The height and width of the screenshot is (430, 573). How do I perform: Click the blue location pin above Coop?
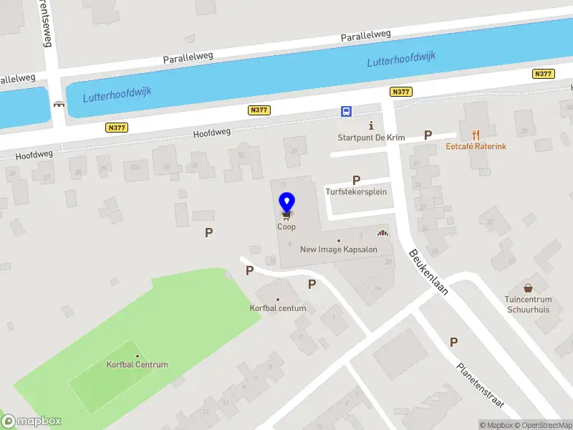pos(286,201)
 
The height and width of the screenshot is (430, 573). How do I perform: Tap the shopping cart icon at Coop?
pos(286,214)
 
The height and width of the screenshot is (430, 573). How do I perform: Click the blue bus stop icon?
pos(346,111)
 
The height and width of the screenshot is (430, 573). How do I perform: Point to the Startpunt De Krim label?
pos(362,137)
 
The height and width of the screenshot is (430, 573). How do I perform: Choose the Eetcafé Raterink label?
pos(476,146)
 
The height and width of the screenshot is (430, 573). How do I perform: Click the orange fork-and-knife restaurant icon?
pos(475,134)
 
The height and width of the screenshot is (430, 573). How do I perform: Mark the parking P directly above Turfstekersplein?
pos(356,180)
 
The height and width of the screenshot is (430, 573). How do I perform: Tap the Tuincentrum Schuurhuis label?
pos(529,304)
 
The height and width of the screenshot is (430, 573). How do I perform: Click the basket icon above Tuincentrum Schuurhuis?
pos(529,287)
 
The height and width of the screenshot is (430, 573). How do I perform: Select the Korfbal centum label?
pos(278,308)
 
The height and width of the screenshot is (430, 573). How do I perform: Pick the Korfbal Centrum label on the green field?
pos(137,365)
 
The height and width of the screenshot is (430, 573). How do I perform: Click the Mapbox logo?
pos(31,421)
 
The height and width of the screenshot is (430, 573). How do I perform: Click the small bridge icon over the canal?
pos(58,103)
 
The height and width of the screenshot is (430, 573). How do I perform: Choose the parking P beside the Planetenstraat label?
pos(453,342)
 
